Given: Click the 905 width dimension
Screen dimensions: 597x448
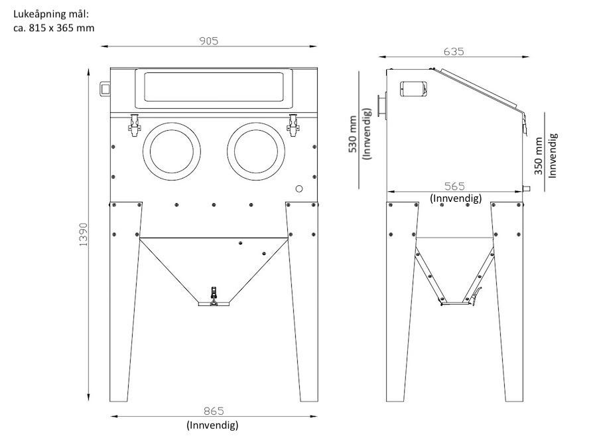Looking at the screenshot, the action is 209,40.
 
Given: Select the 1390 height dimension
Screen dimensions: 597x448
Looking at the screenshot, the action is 83,234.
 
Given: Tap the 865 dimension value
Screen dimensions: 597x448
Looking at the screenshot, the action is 214,411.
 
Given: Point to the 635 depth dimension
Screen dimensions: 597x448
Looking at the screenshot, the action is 454,51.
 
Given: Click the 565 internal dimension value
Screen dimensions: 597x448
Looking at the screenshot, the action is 454,187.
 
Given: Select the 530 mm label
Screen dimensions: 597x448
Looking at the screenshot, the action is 353,134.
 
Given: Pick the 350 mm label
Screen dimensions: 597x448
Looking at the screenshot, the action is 539,156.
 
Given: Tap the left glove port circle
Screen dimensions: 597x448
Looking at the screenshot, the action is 172,151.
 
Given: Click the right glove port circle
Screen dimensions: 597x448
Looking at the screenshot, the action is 256,151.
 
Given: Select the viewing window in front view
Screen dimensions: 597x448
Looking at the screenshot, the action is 214,87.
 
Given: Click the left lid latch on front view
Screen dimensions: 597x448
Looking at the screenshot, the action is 134,125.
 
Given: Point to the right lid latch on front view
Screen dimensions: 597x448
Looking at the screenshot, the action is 293,125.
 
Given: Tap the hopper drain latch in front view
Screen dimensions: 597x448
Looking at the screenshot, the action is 214,296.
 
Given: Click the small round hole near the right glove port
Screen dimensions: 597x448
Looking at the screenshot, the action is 299,188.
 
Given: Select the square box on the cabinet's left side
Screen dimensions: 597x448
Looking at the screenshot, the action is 105,89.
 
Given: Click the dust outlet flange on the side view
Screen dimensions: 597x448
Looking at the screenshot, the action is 382,107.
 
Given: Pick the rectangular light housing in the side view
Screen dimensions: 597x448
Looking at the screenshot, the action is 413,89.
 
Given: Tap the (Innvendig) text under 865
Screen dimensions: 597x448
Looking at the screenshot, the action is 212,425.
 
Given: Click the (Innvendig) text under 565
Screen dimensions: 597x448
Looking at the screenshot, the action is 456,198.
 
